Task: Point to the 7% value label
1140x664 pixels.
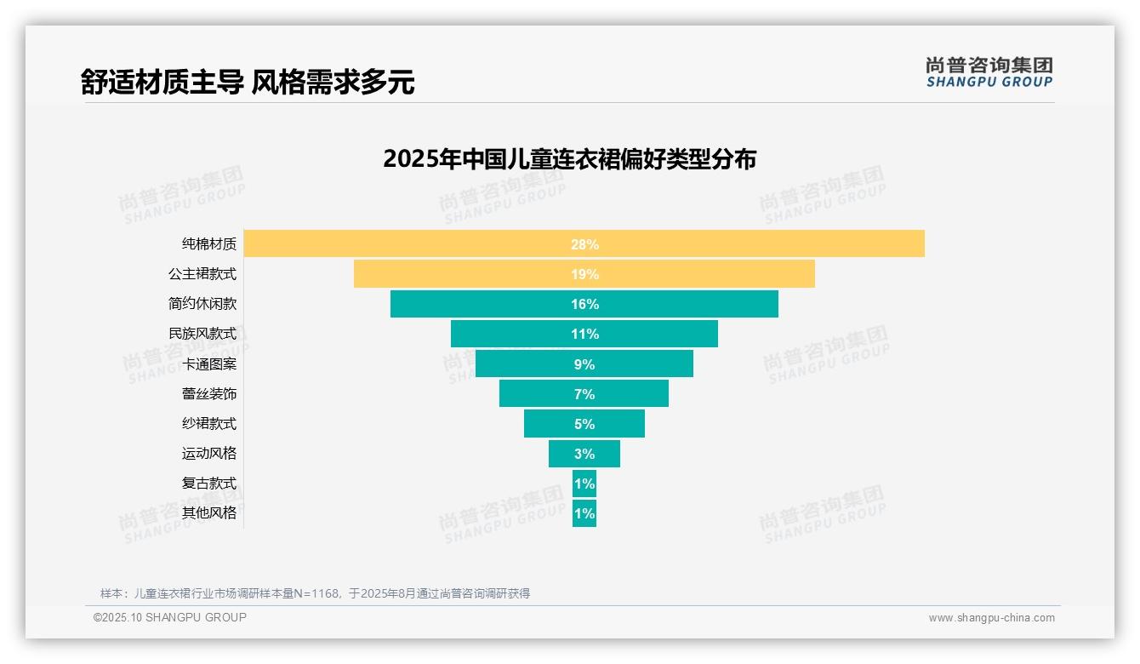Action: [584, 394]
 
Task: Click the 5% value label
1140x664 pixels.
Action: [584, 424]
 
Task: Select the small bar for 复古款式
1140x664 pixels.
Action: [584, 484]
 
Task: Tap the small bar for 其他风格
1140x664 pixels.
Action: [584, 513]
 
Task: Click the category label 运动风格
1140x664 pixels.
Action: [209, 454]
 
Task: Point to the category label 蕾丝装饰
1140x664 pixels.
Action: [209, 394]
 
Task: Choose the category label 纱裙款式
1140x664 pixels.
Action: [209, 424]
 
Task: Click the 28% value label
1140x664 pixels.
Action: [584, 244]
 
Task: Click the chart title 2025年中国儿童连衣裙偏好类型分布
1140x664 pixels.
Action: [569, 159]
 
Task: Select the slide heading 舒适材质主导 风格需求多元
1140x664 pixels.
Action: [248, 82]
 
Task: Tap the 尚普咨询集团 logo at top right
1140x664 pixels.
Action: [989, 72]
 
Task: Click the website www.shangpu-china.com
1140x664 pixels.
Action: [991, 618]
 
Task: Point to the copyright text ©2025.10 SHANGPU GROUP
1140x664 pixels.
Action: [170, 617]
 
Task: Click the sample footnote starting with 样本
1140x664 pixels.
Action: [315, 593]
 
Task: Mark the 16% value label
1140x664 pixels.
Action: [584, 304]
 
